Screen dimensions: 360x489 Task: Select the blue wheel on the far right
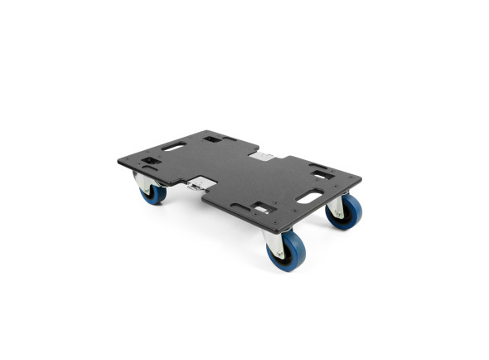coord(346,212)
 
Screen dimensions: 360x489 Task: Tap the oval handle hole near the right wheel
coord(309,197)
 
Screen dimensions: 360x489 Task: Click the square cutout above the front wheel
coord(262,207)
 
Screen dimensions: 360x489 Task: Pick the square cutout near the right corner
coord(322,175)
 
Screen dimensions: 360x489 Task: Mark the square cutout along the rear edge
coord(212,139)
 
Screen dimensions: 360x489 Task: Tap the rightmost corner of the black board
coord(361,177)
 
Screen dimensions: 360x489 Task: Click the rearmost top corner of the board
coord(205,130)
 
